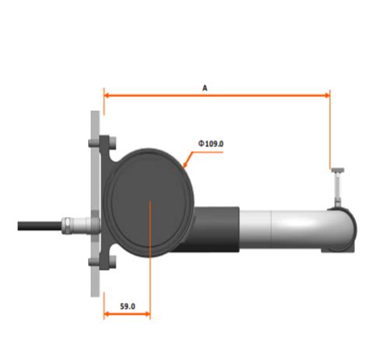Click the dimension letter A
tap(205, 88)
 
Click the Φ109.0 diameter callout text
tap(212, 143)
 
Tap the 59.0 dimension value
tap(126, 307)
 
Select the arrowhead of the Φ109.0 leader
tap(184, 164)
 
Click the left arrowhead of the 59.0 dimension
tap(107, 316)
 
